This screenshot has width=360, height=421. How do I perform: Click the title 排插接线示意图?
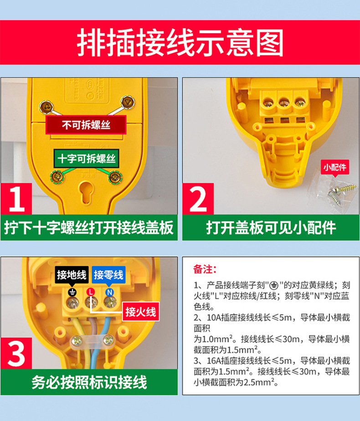point(180,43)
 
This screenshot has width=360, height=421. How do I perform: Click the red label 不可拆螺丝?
point(86,125)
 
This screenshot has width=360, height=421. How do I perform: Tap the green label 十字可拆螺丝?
point(87,159)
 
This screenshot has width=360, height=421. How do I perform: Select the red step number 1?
point(16,199)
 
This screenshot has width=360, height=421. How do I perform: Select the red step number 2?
point(198,199)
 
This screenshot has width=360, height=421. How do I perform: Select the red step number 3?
point(16,354)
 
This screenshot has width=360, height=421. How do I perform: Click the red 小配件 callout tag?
point(335,167)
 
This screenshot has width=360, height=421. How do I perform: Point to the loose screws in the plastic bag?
point(340,191)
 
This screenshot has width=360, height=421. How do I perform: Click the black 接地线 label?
point(72,275)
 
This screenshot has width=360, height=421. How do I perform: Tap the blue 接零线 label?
point(108,275)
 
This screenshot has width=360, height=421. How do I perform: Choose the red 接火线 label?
point(141,312)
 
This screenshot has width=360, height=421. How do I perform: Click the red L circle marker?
point(91,292)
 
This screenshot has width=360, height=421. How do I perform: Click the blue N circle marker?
point(109,292)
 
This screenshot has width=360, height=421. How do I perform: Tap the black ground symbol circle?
point(72,292)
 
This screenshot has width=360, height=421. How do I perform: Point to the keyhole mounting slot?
point(87,192)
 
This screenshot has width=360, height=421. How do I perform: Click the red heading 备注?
point(205,269)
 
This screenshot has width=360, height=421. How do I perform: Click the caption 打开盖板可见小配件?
point(271,228)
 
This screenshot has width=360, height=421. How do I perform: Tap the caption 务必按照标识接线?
point(89,382)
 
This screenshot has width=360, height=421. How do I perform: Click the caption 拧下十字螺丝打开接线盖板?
point(88,228)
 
